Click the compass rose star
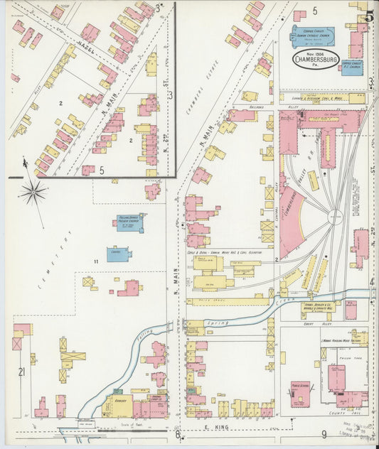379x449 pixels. (x=33, y=190)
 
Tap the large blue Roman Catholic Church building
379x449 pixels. (x=311, y=36)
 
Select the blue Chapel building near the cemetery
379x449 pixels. (x=119, y=254)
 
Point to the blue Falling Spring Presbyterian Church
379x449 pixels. (x=130, y=223)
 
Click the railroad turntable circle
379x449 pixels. (x=335, y=215)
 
